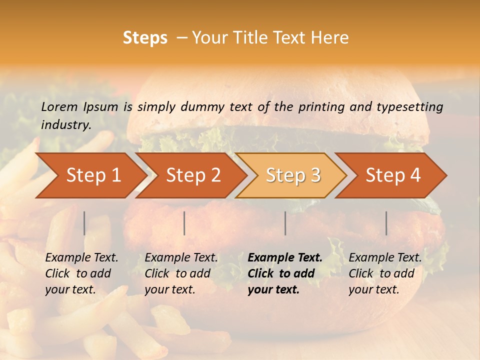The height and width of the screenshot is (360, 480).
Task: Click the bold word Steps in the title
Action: [x=145, y=38]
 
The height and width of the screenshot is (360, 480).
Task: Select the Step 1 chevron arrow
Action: [x=92, y=175]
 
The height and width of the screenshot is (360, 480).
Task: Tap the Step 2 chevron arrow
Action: [x=193, y=175]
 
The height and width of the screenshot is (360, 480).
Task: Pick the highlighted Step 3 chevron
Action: [x=293, y=175]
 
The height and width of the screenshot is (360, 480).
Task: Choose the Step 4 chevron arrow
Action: [x=393, y=175]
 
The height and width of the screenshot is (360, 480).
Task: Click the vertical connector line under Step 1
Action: [x=84, y=223]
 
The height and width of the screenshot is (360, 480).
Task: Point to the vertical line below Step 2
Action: [x=184, y=223]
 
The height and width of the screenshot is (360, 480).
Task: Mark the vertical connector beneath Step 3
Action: [x=285, y=223]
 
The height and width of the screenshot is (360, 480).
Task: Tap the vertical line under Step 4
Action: [x=386, y=223]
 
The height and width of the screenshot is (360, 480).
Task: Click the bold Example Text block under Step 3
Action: [x=285, y=273]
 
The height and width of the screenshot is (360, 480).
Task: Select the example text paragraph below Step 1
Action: [x=81, y=273]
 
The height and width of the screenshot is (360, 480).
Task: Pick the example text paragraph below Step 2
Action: [x=181, y=273]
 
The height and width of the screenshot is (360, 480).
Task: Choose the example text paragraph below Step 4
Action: [x=385, y=273]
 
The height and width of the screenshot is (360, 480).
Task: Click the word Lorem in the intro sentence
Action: [x=59, y=106]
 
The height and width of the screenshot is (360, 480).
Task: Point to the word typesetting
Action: [x=412, y=106]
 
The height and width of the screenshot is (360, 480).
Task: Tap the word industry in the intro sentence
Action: [x=65, y=125]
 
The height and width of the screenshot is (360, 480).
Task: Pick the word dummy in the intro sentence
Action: [x=203, y=106]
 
